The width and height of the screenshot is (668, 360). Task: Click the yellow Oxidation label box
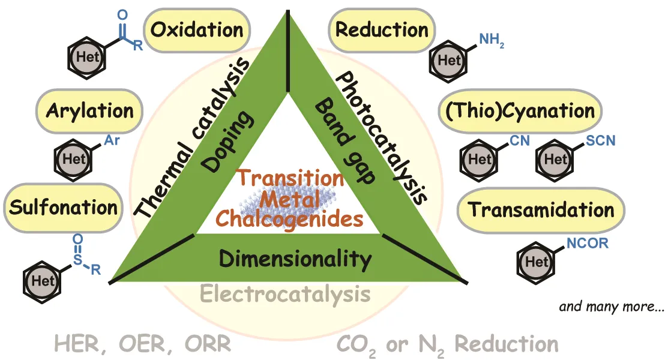click(196, 29)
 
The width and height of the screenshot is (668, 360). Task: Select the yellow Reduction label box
click(382, 29)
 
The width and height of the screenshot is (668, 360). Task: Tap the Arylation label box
click(90, 111)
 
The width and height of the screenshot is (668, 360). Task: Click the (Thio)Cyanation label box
click(520, 110)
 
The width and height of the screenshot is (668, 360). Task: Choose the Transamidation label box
click(541, 209)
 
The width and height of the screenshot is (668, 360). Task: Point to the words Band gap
click(345, 142)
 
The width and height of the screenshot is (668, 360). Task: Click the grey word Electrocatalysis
click(284, 295)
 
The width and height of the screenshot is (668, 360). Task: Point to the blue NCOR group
click(586, 243)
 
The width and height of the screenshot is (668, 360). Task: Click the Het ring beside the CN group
click(480, 160)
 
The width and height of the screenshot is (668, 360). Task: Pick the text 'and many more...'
click(612, 307)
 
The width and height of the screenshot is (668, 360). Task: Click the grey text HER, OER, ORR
click(142, 344)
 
